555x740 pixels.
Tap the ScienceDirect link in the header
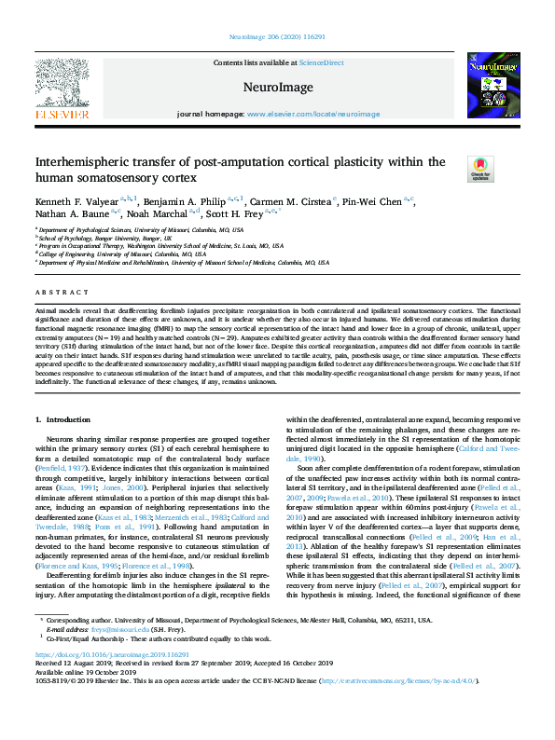(x=321, y=62)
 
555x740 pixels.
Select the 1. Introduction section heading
(x=62, y=420)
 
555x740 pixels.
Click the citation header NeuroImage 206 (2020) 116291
(x=277, y=38)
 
